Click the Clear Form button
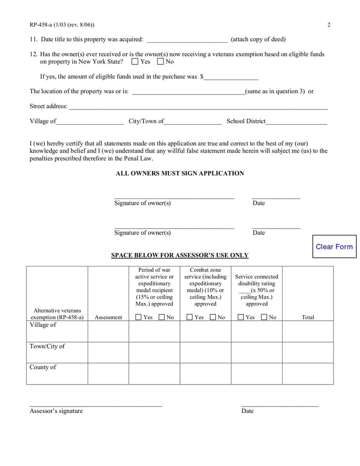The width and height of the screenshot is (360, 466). tap(334, 247)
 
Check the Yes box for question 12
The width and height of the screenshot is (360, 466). tap(135, 61)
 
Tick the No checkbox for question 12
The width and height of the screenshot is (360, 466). tap(160, 61)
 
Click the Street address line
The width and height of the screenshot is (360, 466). tap(198, 106)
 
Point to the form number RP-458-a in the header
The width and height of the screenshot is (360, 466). tap(43, 24)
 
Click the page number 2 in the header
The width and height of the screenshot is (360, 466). tap(329, 24)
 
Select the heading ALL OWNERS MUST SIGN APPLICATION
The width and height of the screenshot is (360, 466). tap(180, 173)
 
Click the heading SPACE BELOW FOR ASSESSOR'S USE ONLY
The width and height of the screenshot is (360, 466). tap(180, 255)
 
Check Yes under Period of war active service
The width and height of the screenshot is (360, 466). tap(139, 317)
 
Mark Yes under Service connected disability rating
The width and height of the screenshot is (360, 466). tap(241, 317)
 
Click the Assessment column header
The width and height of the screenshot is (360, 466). tap(108, 317)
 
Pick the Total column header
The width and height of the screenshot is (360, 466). tap(308, 317)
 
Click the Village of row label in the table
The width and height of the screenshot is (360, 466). tap(43, 325)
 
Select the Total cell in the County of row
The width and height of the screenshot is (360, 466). tap(308, 374)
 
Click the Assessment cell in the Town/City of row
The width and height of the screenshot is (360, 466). tap(108, 353)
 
